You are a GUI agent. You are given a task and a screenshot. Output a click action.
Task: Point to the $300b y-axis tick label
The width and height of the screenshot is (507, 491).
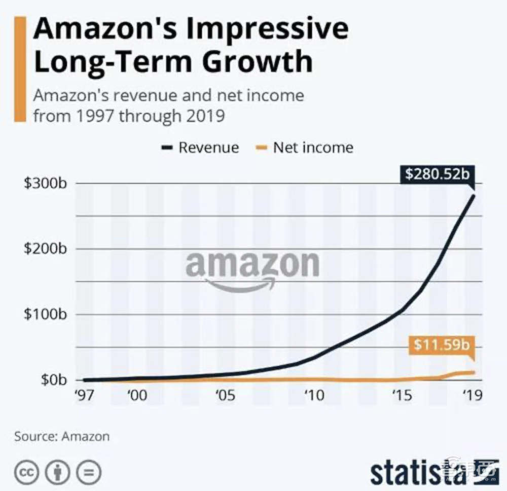click(x=46, y=183)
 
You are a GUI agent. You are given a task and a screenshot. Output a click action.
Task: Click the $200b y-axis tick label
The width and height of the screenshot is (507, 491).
click(x=46, y=249)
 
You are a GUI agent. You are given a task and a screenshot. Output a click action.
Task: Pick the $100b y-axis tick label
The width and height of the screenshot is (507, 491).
click(x=46, y=314)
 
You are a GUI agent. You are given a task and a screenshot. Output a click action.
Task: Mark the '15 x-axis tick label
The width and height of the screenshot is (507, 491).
click(x=402, y=395)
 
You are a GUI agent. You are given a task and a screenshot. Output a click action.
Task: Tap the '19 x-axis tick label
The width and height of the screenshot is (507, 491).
click(x=473, y=395)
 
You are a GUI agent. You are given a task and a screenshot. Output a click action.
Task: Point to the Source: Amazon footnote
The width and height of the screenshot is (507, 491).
click(x=61, y=436)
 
